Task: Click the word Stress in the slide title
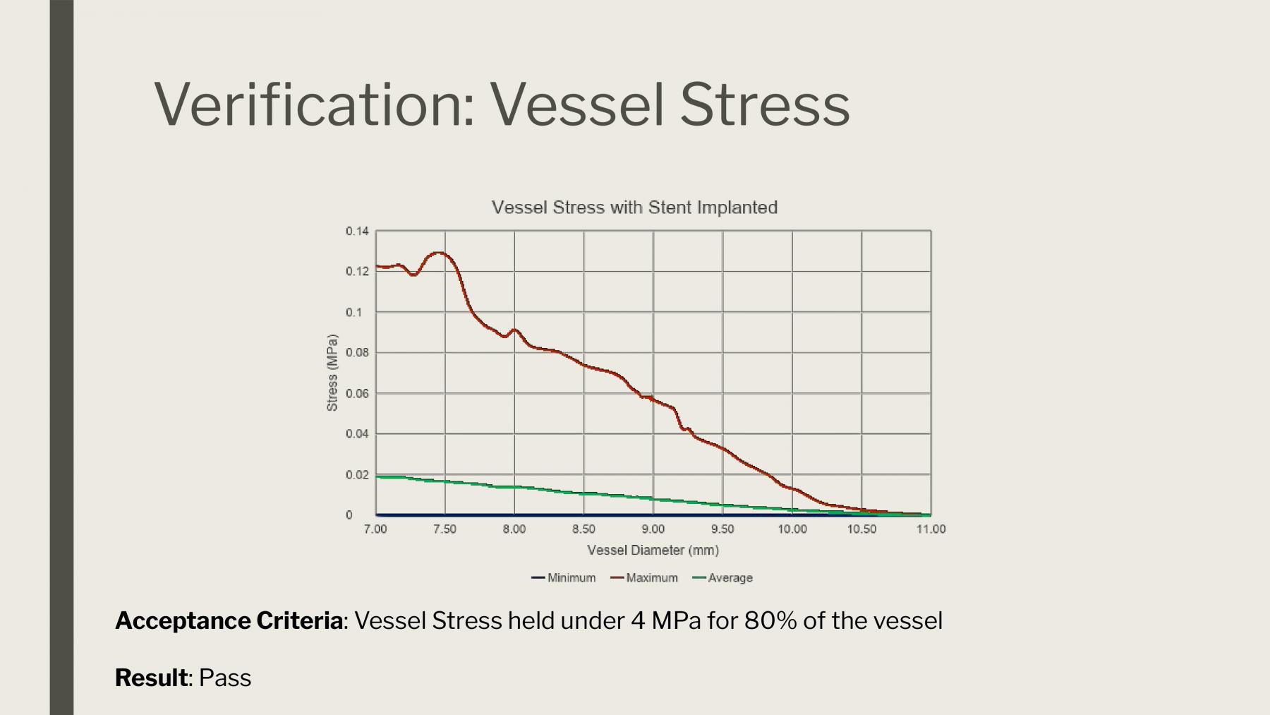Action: tap(765, 104)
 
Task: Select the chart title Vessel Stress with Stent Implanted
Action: tap(634, 208)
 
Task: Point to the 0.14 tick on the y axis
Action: tap(357, 231)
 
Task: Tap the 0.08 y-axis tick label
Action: tap(357, 352)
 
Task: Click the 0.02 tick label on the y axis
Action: tap(357, 474)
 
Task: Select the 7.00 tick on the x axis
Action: tap(375, 529)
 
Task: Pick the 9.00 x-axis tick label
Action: tap(653, 529)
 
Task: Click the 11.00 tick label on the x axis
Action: tap(931, 529)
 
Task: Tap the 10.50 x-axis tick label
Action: tap(861, 529)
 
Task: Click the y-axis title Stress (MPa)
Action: tap(332, 373)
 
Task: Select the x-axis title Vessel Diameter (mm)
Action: tap(653, 550)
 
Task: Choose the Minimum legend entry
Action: tap(564, 577)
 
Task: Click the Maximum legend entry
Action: tap(644, 577)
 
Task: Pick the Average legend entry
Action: tap(723, 577)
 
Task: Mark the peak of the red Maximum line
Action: tap(440, 252)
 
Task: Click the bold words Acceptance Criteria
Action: tap(229, 620)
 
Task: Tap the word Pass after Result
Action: tap(225, 678)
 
